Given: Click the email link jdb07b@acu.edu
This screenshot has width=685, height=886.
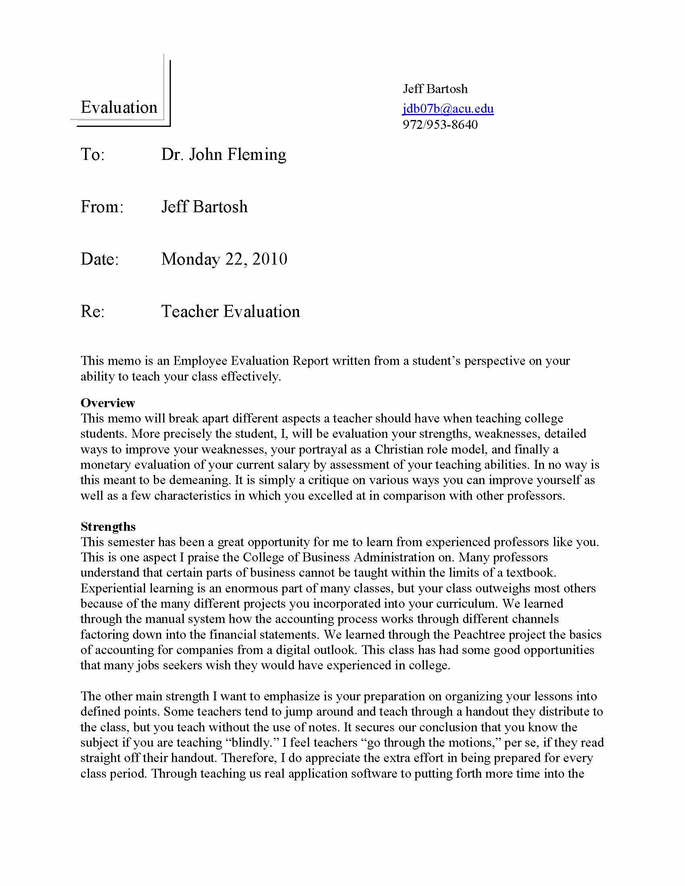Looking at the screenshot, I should point(448,109).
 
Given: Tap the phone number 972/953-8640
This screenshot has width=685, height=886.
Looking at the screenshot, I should point(440,124).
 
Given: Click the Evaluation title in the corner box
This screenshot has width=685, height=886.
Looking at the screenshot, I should point(119,108).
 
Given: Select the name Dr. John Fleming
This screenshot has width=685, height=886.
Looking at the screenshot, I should point(224,155).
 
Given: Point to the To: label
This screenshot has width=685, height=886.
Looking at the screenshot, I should point(93,155).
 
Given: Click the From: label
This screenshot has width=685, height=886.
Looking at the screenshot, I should point(102,207).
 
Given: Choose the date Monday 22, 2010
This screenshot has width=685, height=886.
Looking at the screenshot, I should point(224,259).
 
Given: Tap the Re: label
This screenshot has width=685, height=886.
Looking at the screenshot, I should point(93,312).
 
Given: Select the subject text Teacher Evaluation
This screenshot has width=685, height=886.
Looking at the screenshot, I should point(230,312).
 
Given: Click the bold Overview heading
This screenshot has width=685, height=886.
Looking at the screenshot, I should point(108,403).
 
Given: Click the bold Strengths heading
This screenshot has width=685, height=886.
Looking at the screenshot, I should point(108,527).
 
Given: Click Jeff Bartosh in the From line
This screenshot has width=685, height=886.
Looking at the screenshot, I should point(204,207).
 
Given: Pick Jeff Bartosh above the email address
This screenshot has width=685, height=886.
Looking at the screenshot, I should point(435,89).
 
